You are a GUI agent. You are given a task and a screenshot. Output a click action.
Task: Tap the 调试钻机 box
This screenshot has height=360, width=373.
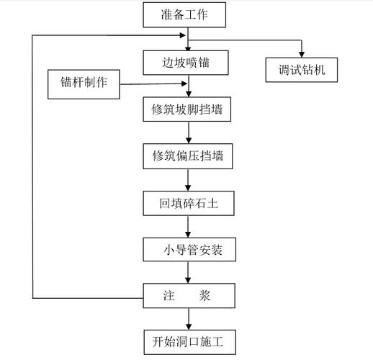pos(302,70)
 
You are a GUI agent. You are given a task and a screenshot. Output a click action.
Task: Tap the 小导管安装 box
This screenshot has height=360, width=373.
pos(189,251)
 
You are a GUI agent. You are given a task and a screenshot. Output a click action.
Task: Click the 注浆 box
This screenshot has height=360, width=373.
pos(189,295)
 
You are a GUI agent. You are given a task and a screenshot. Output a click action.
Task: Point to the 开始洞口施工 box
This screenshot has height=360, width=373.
pos(189,341)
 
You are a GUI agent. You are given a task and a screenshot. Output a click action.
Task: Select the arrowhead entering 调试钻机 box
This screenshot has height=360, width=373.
pos(302,53)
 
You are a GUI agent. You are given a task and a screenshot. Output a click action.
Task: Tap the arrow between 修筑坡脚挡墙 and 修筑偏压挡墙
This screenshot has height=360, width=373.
pos(189,132)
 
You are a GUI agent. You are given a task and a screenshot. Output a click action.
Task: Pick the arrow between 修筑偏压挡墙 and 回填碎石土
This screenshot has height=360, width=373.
pos(189,179)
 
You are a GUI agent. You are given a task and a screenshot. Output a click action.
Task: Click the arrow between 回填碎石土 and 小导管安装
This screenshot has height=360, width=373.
pos(189,227)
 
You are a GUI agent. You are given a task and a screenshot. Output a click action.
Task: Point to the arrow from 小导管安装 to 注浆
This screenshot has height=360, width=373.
pos(189,273)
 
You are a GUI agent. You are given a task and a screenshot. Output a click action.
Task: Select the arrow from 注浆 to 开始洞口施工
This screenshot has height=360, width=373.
pos(189,318)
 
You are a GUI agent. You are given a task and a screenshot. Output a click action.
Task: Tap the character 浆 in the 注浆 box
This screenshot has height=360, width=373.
pos(206,295)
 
